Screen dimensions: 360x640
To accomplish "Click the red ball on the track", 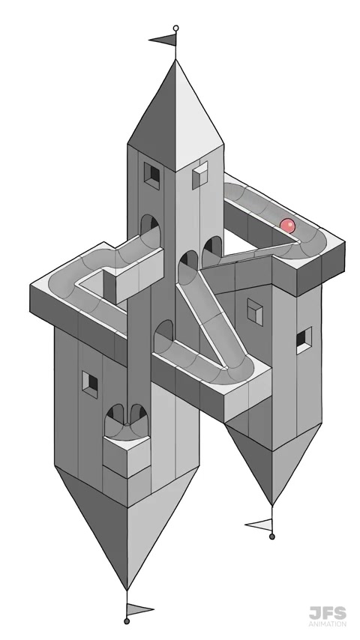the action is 287,226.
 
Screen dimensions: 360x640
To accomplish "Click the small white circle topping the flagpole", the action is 175,28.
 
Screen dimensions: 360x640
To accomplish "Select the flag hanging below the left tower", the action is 139,610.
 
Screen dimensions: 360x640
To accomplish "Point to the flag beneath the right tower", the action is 260,525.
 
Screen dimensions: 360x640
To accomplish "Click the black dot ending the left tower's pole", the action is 127,621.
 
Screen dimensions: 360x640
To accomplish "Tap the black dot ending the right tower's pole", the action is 272,537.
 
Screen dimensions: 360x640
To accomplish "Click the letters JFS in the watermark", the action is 327,614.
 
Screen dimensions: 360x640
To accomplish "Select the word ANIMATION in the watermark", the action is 327,624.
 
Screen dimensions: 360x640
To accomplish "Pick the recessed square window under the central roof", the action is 151,175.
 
